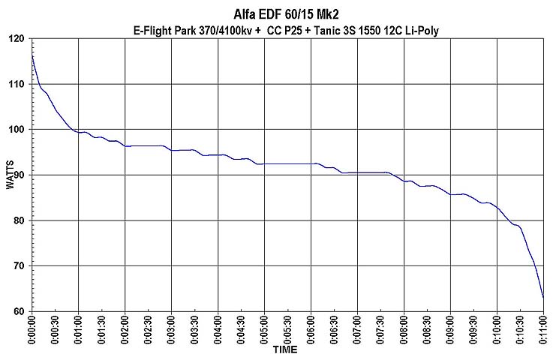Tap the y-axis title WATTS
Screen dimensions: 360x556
10,175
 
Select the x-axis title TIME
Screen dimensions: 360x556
285,350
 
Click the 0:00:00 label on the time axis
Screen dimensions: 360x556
32,329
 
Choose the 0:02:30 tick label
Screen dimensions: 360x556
148,329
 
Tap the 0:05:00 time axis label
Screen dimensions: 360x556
264,329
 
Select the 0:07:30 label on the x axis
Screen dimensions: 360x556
380,329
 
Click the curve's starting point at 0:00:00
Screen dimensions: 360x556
32,55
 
